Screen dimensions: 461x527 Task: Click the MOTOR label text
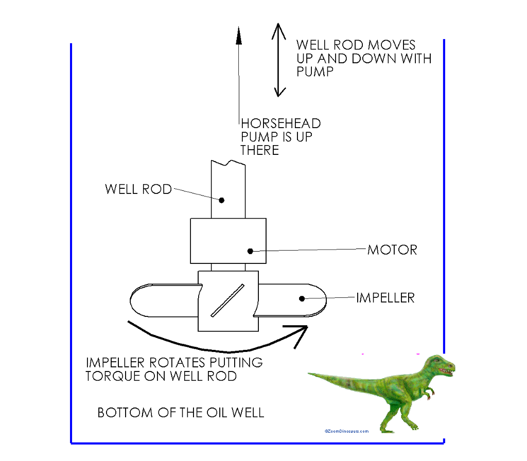pos(392,250)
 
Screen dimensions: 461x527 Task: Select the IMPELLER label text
pos(385,298)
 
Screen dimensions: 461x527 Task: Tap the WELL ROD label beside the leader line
pos(138,189)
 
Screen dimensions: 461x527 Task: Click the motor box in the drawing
pos(228,240)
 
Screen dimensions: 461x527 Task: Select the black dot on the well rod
pos(222,200)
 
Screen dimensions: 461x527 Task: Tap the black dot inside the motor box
pos(250,251)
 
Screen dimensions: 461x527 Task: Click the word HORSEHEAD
pos(281,123)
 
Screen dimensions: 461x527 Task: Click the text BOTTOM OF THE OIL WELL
pos(181,413)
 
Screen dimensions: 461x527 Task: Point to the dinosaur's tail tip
pos(310,374)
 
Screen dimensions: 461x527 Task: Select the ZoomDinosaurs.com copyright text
pos(346,431)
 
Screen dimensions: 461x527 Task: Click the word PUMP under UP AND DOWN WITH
pos(314,72)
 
